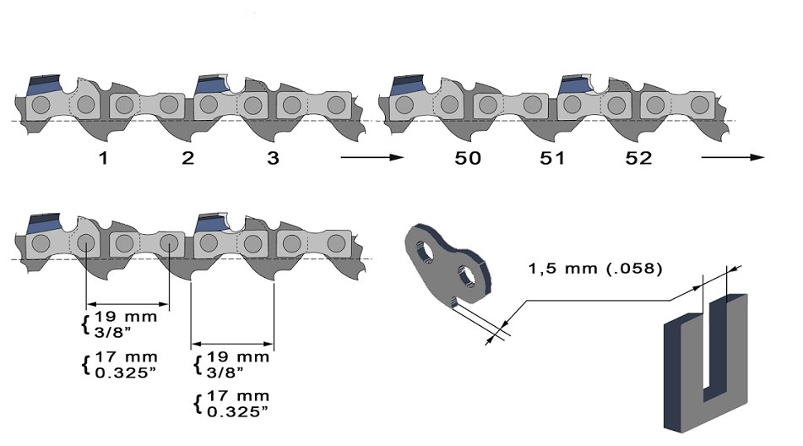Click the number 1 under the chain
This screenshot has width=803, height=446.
point(102,158)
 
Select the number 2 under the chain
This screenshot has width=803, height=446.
point(187,158)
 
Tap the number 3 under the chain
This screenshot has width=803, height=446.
point(272,158)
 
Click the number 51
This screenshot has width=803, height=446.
point(552,158)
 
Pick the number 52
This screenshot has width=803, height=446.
point(638,158)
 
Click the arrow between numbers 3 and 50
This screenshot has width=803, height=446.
point(368,157)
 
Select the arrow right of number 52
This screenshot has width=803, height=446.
point(732,157)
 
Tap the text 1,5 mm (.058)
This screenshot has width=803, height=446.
point(595,269)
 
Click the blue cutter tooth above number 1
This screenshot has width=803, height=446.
point(41,84)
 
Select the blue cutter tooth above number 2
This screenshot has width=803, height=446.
point(209,84)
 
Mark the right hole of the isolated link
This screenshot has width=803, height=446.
point(464,275)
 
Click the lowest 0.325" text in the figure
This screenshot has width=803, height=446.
point(240,411)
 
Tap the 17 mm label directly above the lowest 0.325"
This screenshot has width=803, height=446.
point(240,395)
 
